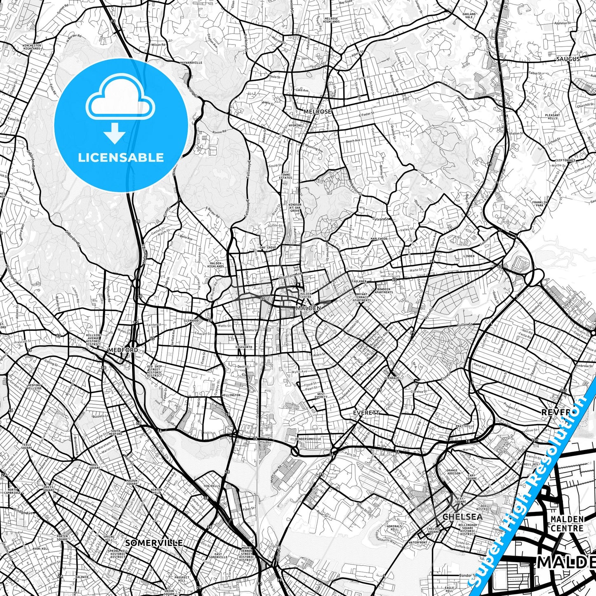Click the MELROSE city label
click(x=317, y=111)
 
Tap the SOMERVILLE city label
click(x=153, y=543)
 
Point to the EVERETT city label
click(x=366, y=412)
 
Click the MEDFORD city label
click(x=123, y=350)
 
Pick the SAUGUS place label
click(x=568, y=59)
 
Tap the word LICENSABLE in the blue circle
click(x=121, y=157)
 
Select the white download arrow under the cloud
click(x=115, y=134)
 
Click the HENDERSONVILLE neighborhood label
click(x=309, y=439)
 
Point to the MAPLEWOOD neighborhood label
click(x=379, y=239)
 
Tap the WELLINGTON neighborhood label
click(x=231, y=395)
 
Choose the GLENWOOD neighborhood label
click(x=191, y=320)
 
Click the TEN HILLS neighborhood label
click(x=212, y=486)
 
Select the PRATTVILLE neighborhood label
click(x=465, y=426)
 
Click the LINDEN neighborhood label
click(x=469, y=256)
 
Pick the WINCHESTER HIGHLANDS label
click(x=32, y=47)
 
